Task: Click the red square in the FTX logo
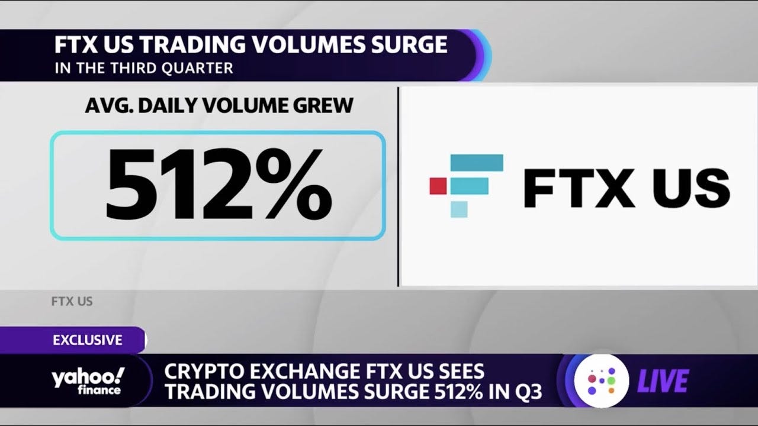437,185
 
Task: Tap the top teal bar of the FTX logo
477,162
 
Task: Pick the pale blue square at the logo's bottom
459,209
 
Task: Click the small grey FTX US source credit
72,302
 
